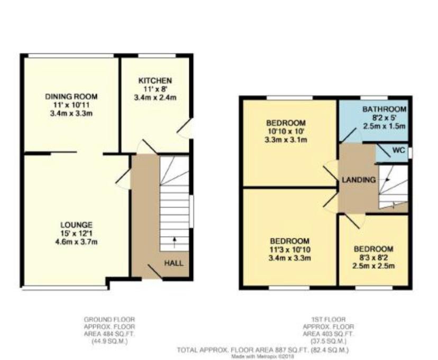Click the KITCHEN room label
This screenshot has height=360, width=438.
point(155,81)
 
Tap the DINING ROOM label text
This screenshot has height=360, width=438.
point(71,97)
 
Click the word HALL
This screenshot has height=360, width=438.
point(174,263)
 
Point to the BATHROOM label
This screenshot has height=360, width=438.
point(384,109)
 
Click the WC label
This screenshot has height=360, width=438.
point(399,150)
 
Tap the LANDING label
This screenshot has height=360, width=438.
point(359,180)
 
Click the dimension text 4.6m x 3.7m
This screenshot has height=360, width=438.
point(76,242)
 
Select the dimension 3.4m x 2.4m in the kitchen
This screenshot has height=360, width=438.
point(155,98)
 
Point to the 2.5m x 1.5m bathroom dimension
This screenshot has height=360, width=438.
point(384,126)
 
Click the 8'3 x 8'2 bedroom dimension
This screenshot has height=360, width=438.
point(373,257)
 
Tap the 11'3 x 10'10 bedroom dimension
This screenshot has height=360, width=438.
point(289,250)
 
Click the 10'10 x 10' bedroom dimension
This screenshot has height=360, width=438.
point(286,131)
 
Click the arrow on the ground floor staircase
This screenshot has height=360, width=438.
point(175,242)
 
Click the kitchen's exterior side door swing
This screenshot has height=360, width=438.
point(185,128)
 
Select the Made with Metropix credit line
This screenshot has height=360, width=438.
point(262,356)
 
